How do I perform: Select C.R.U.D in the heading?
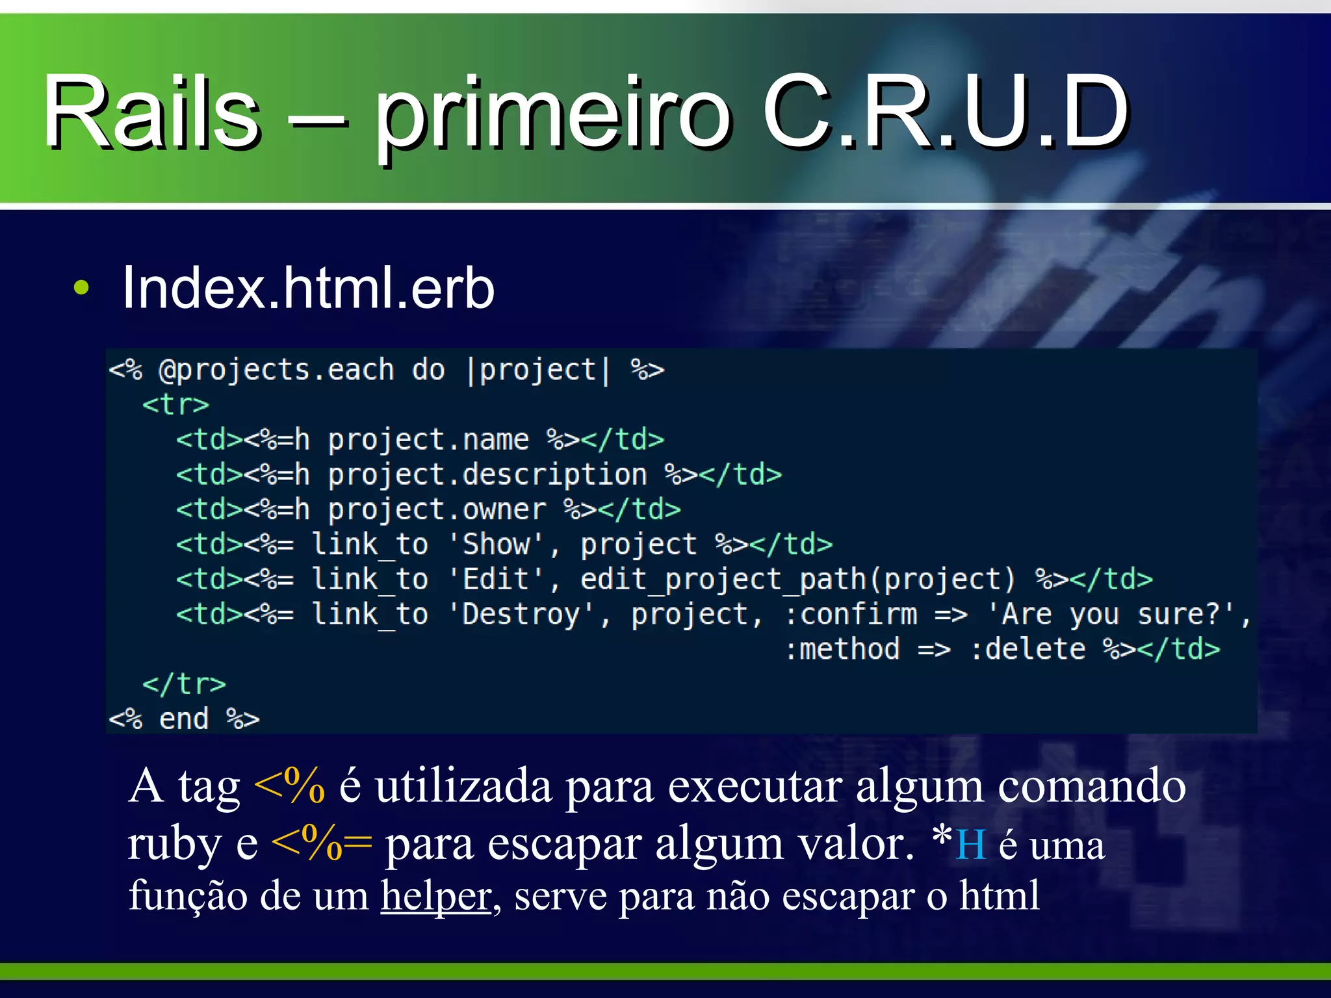(x=946, y=112)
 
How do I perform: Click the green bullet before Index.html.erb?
(x=81, y=288)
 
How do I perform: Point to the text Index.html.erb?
(x=308, y=288)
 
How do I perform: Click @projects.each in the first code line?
(x=276, y=370)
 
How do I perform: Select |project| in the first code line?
(x=538, y=370)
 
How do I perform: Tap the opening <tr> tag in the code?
(x=175, y=405)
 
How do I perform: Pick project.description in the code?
(x=487, y=475)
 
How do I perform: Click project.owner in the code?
(x=437, y=510)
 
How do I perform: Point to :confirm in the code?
(x=851, y=615)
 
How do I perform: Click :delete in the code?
(x=1027, y=649)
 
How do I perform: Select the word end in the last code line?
(x=184, y=719)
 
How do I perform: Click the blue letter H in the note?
(x=971, y=845)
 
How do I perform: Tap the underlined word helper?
(x=435, y=896)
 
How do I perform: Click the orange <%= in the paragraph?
(x=321, y=843)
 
